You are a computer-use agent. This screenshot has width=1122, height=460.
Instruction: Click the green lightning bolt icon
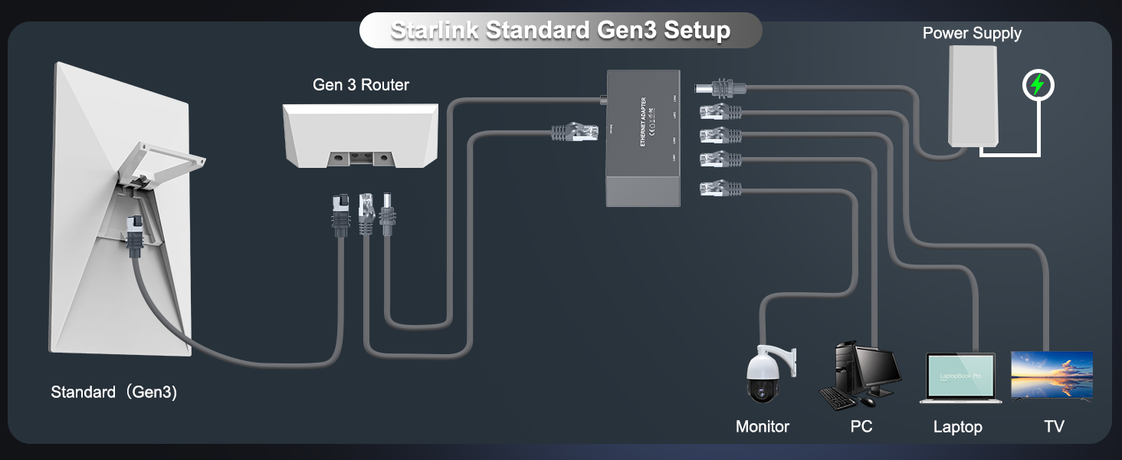1038,85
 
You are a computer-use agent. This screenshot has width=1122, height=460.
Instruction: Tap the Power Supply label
971,33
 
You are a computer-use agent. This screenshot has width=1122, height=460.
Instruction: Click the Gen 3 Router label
360,84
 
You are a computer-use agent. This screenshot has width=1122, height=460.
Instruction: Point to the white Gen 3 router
359,135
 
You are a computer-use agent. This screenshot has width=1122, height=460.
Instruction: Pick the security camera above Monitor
767,376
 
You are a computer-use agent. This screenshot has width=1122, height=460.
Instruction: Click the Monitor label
762,426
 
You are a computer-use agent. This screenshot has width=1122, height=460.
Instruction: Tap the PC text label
861,426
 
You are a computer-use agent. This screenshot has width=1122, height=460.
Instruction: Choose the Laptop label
957,427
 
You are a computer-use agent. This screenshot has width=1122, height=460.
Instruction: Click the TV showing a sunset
1051,375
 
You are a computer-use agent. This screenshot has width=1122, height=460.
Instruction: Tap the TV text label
1054,426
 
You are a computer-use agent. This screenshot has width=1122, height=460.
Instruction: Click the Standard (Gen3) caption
113,392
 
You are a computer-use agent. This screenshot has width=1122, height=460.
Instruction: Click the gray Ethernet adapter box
642,138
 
